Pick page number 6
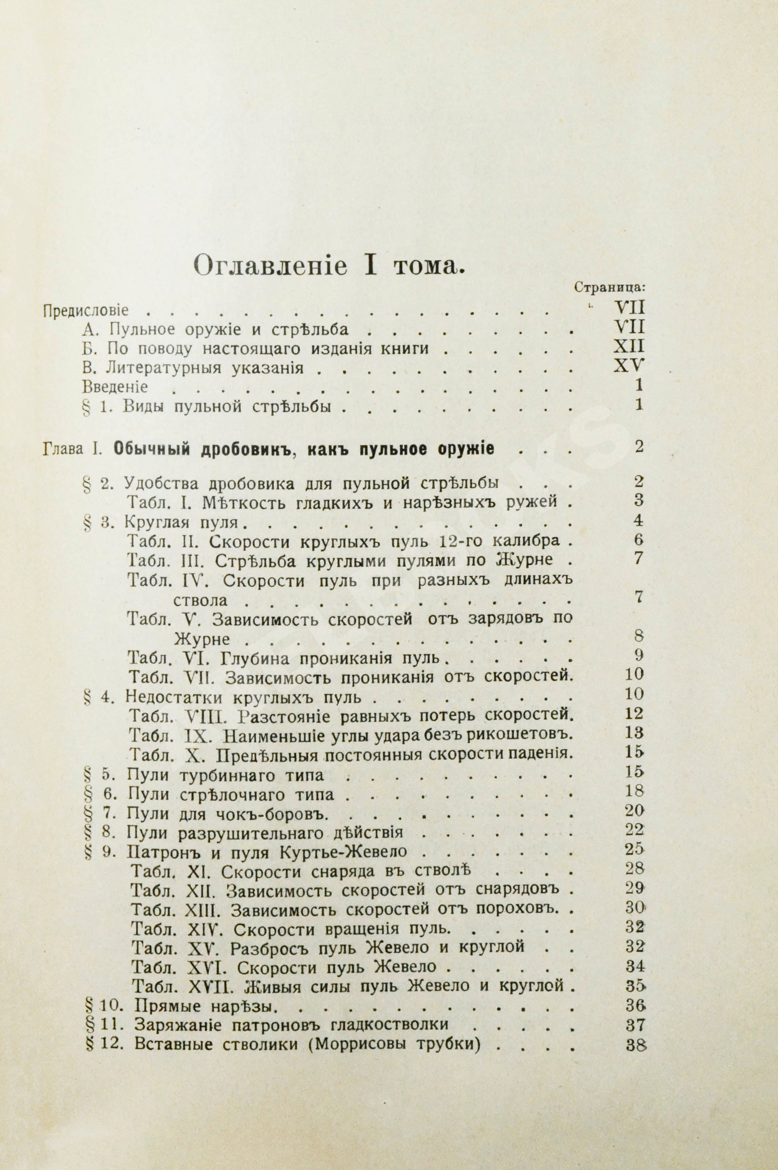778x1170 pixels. point(639,539)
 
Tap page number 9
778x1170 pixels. point(639,655)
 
